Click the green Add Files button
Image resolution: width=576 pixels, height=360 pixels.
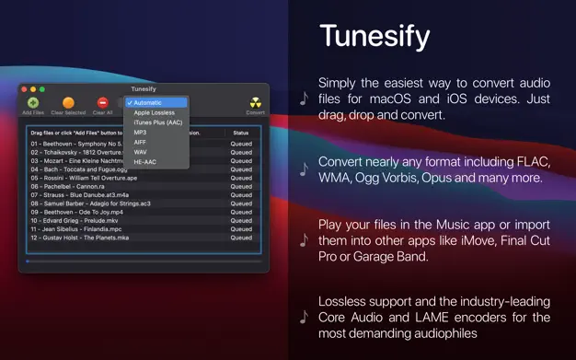click(32, 102)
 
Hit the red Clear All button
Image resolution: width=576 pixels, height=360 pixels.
click(102, 102)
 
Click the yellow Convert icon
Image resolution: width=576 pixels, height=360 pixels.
click(255, 102)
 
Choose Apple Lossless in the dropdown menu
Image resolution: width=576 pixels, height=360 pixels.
click(154, 112)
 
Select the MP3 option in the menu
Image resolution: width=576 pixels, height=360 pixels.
click(140, 133)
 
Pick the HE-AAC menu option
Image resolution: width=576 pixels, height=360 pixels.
click(144, 161)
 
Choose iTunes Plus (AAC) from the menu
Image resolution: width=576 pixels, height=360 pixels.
click(157, 122)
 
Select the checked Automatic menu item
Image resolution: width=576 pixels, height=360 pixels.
click(152, 102)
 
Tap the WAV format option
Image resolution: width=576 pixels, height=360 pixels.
click(140, 152)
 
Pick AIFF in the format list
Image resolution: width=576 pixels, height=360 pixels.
click(140, 142)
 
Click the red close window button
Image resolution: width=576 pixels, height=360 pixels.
click(25, 88)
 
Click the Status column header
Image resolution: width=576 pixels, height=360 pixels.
click(240, 133)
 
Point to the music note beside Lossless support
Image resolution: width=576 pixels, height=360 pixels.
click(304, 315)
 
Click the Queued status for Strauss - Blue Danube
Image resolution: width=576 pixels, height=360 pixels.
click(241, 194)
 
